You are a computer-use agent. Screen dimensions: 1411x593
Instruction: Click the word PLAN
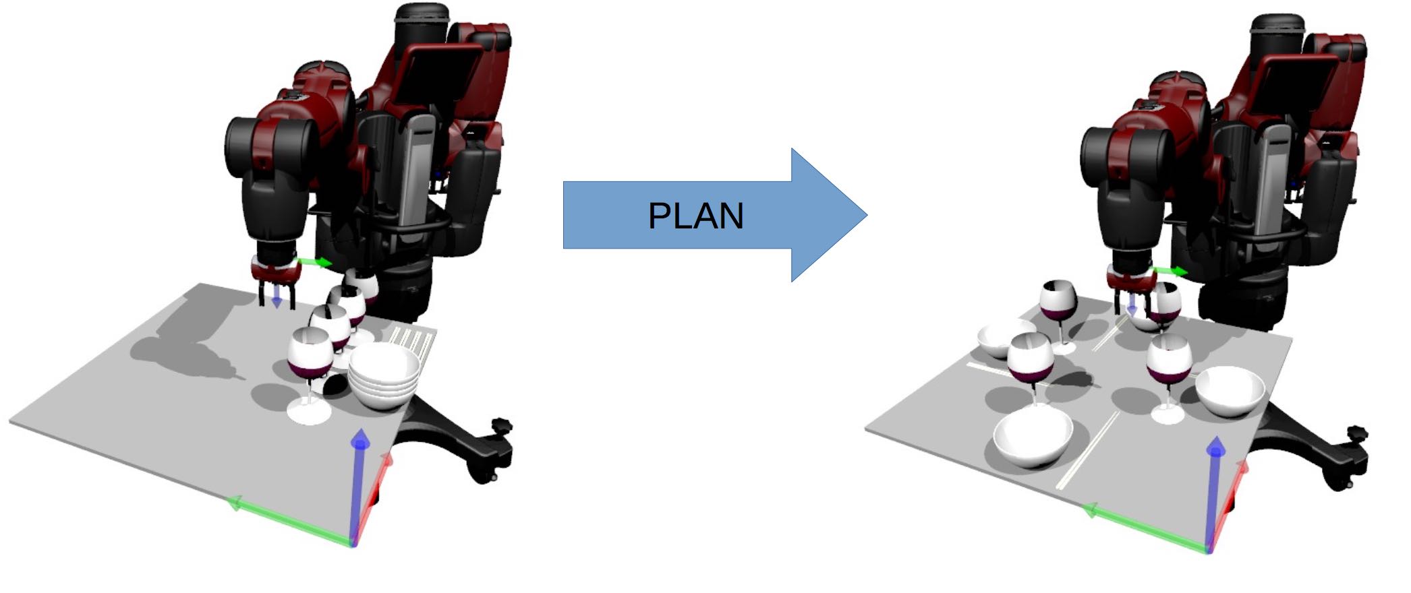click(x=695, y=216)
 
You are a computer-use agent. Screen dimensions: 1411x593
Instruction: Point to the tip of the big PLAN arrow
click(x=867, y=215)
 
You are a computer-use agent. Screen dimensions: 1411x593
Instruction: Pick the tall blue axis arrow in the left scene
click(x=361, y=485)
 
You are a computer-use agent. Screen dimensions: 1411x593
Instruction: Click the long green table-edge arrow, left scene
click(x=290, y=522)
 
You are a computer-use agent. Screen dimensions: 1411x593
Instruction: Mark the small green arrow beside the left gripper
click(x=314, y=262)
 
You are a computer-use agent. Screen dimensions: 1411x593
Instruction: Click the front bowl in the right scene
click(x=1033, y=439)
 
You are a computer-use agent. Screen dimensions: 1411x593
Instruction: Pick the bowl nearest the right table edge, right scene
click(x=1230, y=392)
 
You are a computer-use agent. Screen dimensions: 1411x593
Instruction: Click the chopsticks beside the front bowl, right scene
click(x=1088, y=450)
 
